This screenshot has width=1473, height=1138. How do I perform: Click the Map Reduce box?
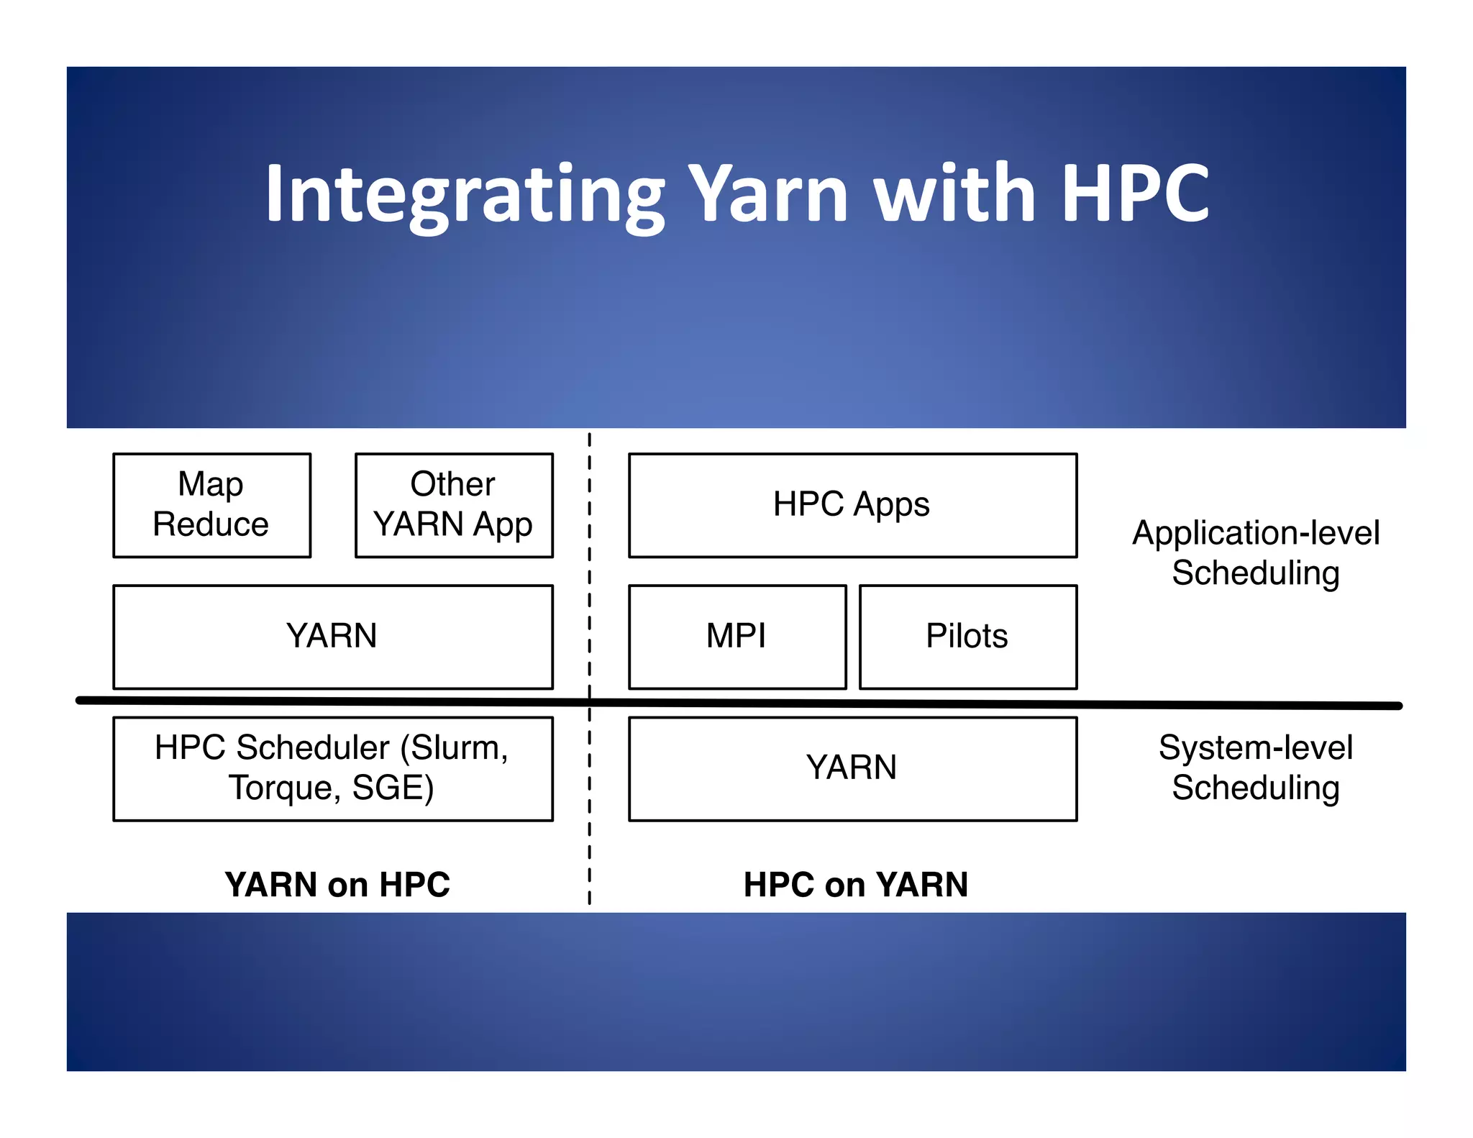pos(211,504)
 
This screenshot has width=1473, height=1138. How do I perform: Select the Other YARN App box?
pos(454,504)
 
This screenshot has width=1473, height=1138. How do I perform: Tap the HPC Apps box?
pos(852,504)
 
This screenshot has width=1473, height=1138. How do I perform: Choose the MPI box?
pos(736,637)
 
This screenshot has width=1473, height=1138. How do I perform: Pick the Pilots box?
pos(967,637)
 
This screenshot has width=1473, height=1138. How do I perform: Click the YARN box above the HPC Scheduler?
pos(332,637)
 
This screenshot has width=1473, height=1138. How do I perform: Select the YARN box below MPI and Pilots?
pos(852,768)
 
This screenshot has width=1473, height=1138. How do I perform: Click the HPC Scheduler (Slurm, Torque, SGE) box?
pos(332,768)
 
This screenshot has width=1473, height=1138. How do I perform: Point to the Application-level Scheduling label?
pos(1256,552)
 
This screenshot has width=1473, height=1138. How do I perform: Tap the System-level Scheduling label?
pos(1256,768)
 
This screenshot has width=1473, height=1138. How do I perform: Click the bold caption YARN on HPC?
pos(337,884)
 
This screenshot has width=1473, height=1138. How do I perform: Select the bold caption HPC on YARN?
pos(856,884)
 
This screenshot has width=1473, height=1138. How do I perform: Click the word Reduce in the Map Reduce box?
pos(211,524)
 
